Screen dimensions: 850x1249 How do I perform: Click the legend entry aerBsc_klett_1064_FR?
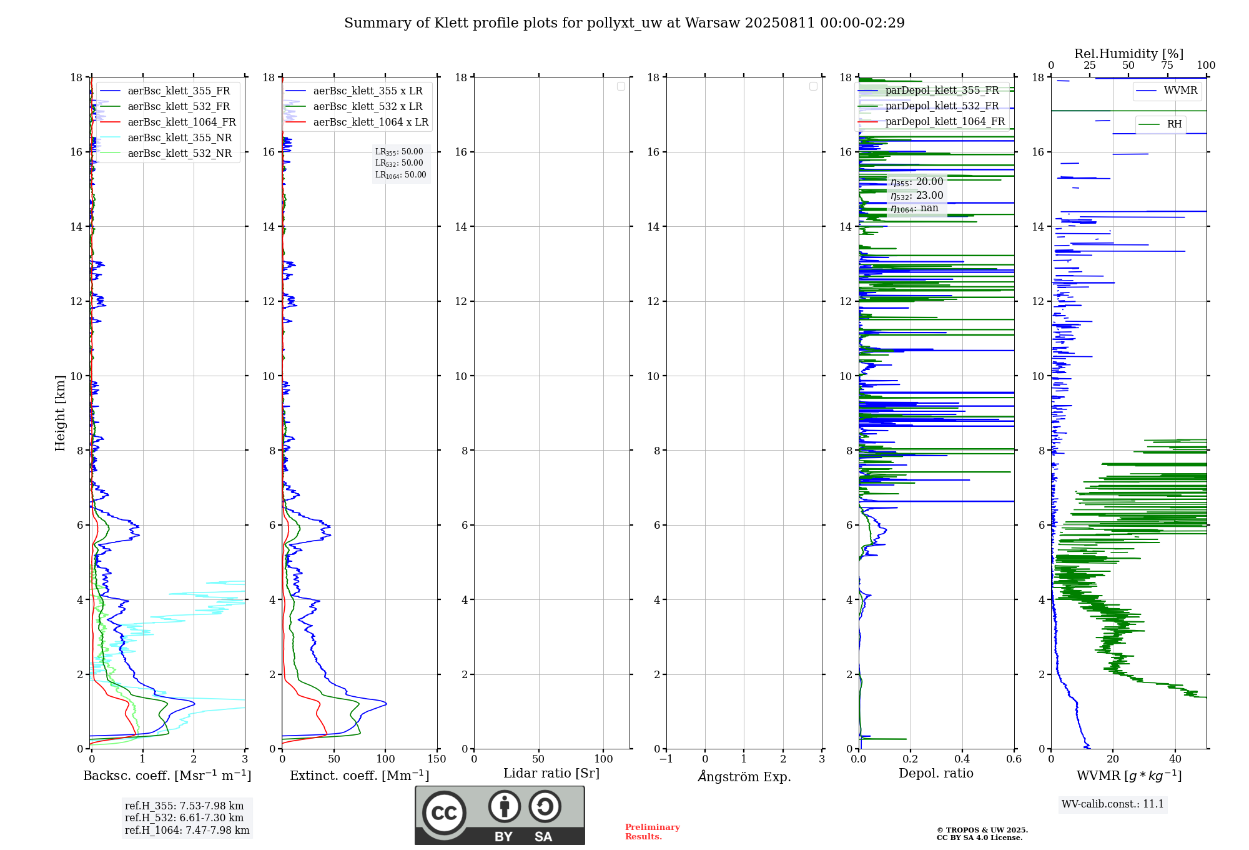point(182,122)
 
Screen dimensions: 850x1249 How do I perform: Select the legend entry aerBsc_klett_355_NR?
point(179,138)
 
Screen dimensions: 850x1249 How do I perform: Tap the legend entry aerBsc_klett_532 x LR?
point(367,107)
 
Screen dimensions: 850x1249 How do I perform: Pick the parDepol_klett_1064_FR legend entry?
point(945,122)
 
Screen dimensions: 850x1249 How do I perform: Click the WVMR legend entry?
point(1180,91)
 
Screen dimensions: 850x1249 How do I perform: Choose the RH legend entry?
point(1174,124)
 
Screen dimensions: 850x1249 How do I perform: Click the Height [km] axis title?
point(60,413)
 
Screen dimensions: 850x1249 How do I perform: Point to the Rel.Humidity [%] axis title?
point(1128,54)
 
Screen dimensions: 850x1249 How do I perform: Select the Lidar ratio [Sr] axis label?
point(551,774)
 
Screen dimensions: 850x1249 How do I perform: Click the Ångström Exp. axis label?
point(744,777)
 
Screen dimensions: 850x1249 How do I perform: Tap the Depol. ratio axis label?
point(936,774)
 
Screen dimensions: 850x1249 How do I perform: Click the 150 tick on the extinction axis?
point(437,759)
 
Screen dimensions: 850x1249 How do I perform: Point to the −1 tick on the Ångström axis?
point(666,759)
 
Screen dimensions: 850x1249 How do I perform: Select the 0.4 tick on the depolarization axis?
point(962,759)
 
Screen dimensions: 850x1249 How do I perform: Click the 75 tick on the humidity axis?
point(1167,66)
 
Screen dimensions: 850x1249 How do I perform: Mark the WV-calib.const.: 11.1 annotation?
point(1113,804)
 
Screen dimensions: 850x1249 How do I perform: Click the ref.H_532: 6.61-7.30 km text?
point(184,818)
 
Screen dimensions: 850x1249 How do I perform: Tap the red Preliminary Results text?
point(652,832)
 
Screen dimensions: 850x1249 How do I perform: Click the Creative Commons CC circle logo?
point(444,813)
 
